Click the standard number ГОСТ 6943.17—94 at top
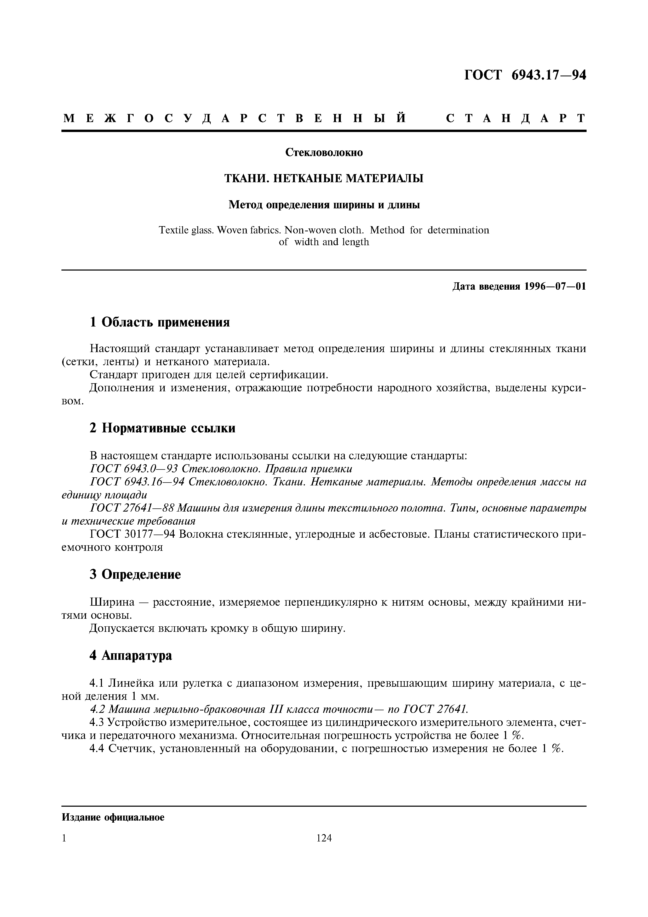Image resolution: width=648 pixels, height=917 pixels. [x=525, y=76]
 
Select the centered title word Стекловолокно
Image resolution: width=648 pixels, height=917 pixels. [x=324, y=153]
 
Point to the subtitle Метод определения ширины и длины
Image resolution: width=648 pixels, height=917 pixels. [x=324, y=205]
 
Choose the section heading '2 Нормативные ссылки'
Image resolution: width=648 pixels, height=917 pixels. [x=163, y=428]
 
